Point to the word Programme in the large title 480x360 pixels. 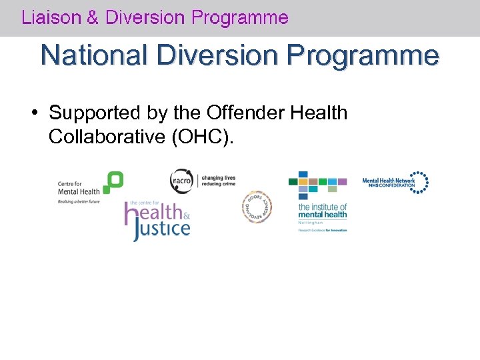point(365,55)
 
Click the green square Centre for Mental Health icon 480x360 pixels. point(113,182)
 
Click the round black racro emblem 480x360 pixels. point(181,181)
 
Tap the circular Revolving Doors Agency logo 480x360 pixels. point(257,207)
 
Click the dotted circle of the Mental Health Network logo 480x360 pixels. point(419,183)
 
